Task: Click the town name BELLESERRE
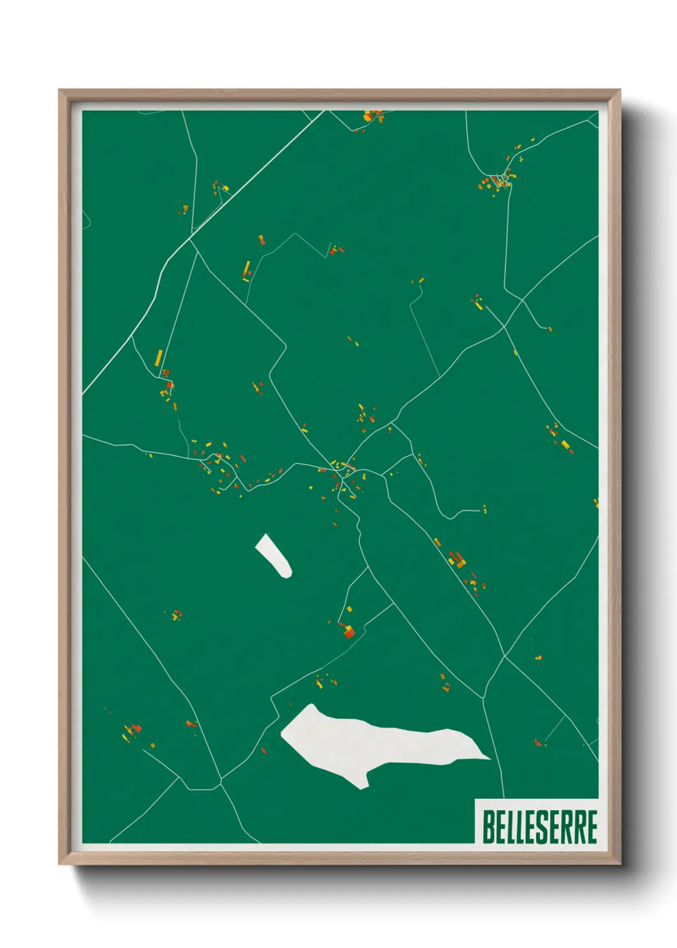(539, 826)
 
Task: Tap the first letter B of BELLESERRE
(488, 826)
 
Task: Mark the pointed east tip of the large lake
(489, 759)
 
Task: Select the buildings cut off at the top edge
(373, 116)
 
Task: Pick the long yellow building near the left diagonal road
(159, 357)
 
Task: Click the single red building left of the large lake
(263, 750)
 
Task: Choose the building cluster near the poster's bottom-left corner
(133, 731)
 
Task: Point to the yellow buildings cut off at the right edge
(596, 503)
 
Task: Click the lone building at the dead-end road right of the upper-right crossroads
(549, 329)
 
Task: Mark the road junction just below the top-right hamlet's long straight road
(522, 300)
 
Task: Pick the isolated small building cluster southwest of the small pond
(176, 615)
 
